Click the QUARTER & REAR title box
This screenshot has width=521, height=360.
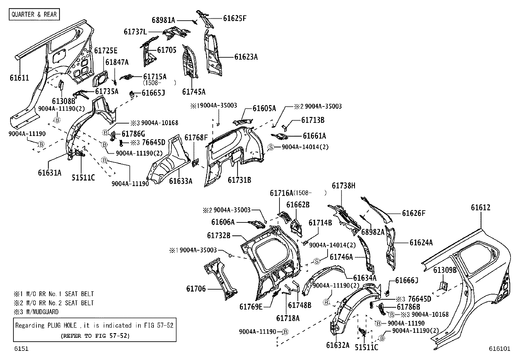(34, 14)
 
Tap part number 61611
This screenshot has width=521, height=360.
(19, 78)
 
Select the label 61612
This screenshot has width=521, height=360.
(481, 207)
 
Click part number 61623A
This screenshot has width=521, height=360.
(246, 57)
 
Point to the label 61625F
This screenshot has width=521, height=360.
(234, 18)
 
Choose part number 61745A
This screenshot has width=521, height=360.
(194, 92)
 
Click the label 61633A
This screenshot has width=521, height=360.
(181, 181)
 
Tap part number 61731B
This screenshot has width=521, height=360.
(239, 180)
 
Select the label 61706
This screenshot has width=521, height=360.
(196, 289)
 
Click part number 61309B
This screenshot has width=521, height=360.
(445, 270)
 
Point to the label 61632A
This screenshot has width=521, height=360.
(338, 345)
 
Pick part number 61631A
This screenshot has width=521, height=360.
(49, 173)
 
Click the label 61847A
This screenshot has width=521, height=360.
(117, 62)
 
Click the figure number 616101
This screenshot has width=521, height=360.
(500, 349)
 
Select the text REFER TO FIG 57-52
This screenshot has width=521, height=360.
(95, 336)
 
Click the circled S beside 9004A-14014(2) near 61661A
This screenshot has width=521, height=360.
(271, 147)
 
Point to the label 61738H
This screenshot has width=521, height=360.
(344, 186)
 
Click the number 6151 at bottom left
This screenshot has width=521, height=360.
(21, 349)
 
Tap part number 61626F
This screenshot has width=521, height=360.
(414, 213)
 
